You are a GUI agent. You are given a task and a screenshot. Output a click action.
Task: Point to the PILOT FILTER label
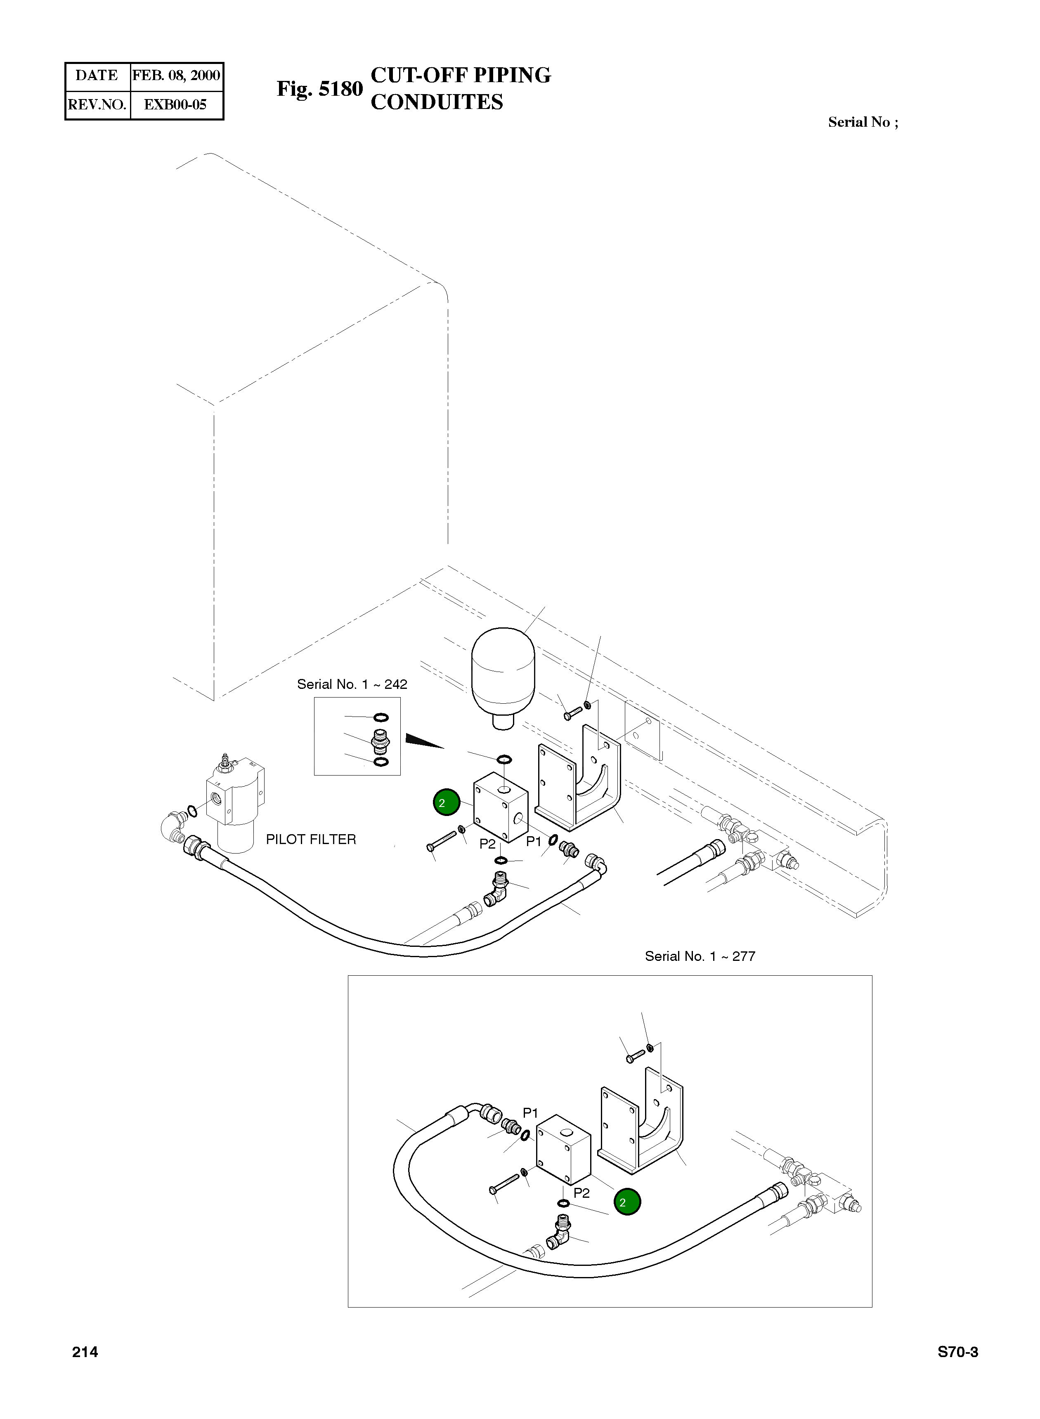[x=311, y=839]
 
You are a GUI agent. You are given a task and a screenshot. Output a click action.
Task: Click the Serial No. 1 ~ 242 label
[x=352, y=684]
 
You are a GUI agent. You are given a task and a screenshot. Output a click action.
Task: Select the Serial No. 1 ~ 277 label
[x=700, y=956]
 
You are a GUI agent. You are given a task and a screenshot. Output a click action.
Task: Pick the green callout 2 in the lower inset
[x=627, y=1202]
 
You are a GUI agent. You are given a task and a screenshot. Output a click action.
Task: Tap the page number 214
[x=85, y=1352]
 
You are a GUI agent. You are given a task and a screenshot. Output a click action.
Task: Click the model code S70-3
[x=957, y=1352]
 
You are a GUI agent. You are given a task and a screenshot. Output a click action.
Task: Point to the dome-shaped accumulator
[x=503, y=674]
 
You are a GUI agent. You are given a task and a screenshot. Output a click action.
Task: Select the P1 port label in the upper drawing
[x=533, y=842]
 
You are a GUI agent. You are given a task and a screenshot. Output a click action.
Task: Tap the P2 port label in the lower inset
[x=581, y=1192]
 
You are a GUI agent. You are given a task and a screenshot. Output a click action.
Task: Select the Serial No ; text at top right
[x=863, y=122]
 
